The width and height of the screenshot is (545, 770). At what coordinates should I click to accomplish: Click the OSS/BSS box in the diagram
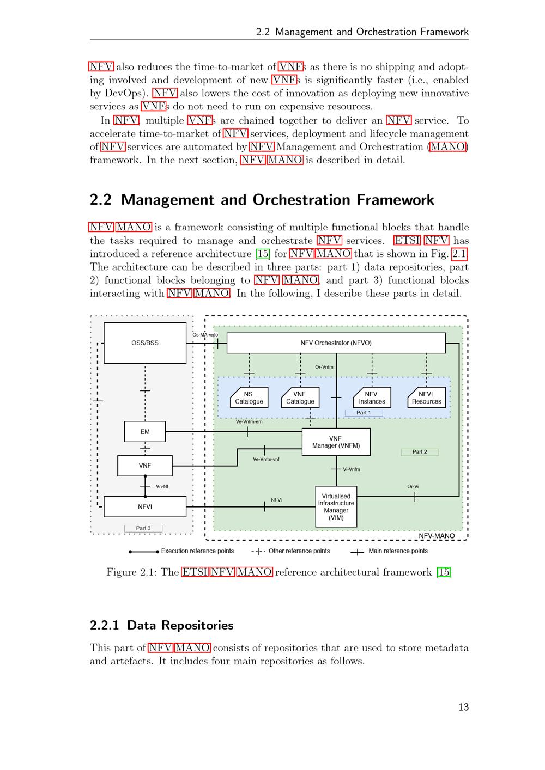pos(145,343)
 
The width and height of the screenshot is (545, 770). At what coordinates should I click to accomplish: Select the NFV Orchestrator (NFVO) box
pos(336,343)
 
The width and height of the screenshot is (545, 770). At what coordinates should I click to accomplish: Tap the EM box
pos(145,432)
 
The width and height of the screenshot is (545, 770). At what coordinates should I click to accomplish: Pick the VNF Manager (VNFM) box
pos(336,442)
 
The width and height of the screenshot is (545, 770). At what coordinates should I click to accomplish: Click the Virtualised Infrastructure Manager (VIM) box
pos(336,506)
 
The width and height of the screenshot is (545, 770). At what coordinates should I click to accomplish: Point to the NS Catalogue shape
pos(249,398)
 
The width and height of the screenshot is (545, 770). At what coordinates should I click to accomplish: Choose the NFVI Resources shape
pos(426,398)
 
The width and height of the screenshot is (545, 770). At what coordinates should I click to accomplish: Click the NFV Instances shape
pos(372,398)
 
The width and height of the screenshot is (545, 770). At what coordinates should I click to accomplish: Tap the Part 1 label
pos(364,413)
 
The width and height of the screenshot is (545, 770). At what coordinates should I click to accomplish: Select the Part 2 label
pos(420,452)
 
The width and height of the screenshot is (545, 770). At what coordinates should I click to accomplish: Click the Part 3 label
pos(143,528)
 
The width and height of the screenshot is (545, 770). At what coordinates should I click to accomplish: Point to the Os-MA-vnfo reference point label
pos(205,335)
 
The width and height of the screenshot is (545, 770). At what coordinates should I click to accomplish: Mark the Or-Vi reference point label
pos(413,487)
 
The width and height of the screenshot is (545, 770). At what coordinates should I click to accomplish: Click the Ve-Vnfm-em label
pos(249,421)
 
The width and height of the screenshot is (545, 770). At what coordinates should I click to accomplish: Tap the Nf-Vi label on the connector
pos(276,500)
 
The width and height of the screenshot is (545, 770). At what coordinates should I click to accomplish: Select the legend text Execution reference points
pos(197,551)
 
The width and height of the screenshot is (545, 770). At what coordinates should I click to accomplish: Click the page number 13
pos(463,707)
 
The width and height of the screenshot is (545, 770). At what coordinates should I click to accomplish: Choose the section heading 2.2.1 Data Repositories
pos(162,625)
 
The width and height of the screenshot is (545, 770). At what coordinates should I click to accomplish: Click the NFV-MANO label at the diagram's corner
pos(437,536)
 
